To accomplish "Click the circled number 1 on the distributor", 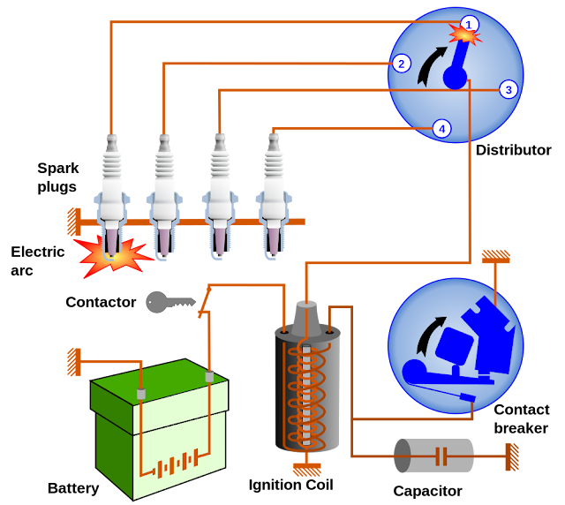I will pyautogui.click(x=470, y=24).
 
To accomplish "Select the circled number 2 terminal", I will pyautogui.click(x=402, y=64).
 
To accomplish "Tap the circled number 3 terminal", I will pyautogui.click(x=508, y=89).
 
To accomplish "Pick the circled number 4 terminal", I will pyautogui.click(x=441, y=129).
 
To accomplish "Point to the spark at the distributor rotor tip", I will pyautogui.click(x=464, y=35).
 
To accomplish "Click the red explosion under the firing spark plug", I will pyautogui.click(x=113, y=255).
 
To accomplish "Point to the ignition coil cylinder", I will pyautogui.click(x=307, y=388).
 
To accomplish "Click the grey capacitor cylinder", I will pyautogui.click(x=433, y=456).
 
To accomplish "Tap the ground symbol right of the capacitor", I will pyautogui.click(x=511, y=456).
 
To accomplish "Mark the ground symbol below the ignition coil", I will pyautogui.click(x=307, y=470).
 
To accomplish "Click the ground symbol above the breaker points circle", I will pyautogui.click(x=495, y=257).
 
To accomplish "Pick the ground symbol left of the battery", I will pyautogui.click(x=74, y=362).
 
